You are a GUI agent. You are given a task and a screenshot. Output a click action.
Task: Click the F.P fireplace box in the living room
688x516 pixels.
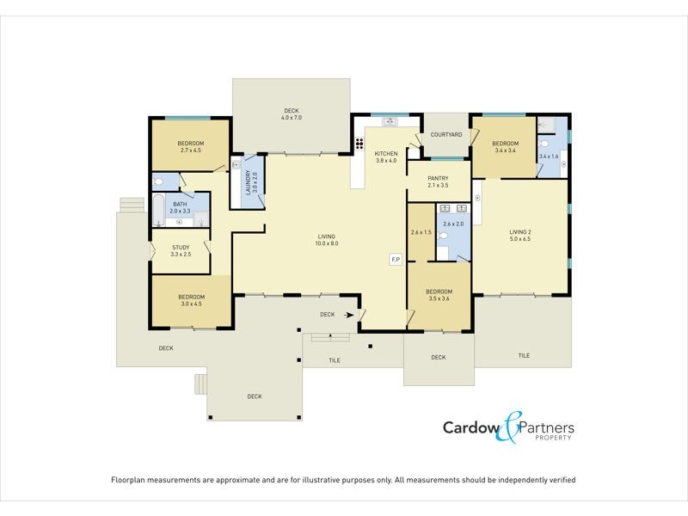point(396,259)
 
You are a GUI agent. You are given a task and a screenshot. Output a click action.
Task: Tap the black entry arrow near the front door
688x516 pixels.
point(348,316)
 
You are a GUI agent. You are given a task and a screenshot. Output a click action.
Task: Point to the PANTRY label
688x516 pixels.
point(439,181)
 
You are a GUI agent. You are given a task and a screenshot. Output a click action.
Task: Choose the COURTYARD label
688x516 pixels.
point(446,135)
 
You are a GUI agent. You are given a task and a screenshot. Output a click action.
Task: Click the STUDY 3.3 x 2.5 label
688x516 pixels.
point(180,250)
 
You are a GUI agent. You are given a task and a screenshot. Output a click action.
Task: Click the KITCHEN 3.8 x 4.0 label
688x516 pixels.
point(386,157)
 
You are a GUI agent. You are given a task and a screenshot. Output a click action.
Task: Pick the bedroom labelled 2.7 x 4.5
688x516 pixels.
point(190,146)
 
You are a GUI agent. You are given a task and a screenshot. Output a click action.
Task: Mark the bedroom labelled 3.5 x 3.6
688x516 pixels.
point(439,295)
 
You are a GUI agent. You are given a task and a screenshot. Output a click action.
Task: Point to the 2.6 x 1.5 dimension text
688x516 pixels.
point(421,233)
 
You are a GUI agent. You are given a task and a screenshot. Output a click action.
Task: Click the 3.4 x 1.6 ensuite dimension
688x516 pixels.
point(549,157)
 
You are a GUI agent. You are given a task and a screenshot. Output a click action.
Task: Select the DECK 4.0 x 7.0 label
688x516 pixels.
point(292,114)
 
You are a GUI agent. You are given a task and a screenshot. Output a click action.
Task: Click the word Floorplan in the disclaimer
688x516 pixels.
point(131,480)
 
